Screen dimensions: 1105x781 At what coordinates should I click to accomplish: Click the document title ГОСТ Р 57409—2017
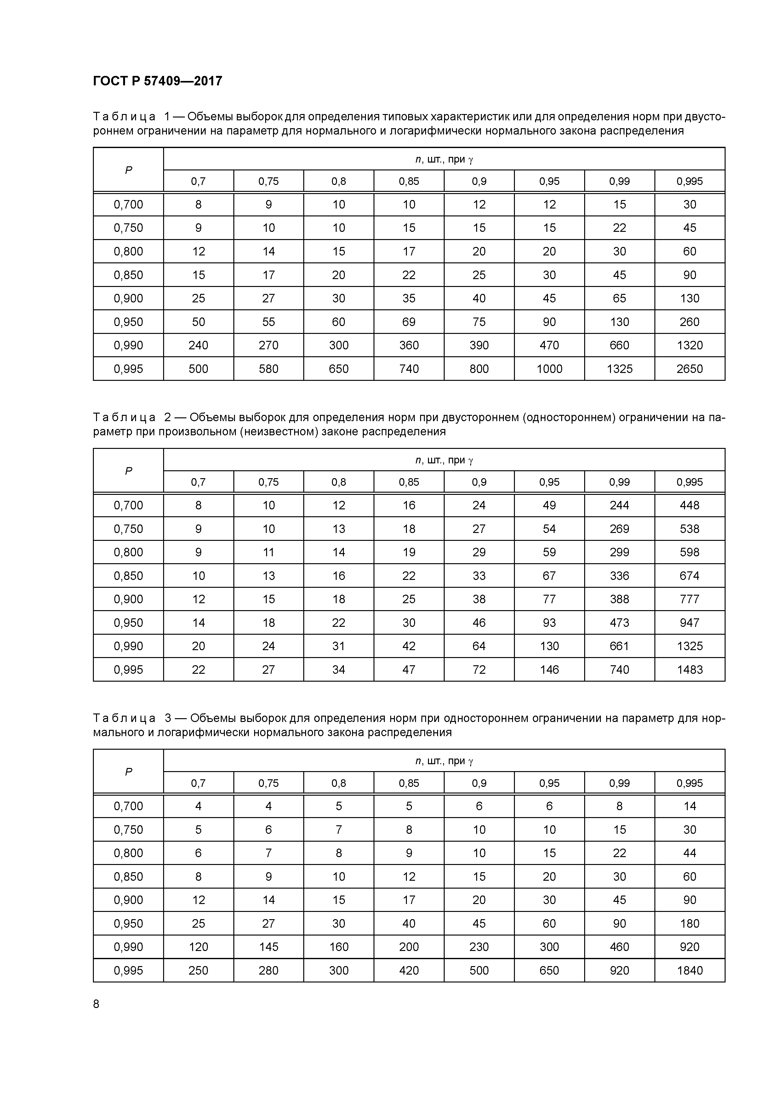[157, 81]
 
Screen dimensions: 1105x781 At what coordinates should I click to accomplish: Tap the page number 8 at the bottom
[96, 1004]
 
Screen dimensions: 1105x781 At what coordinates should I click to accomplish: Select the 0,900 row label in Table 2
[128, 599]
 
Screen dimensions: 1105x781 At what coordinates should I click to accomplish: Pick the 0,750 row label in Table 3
[128, 830]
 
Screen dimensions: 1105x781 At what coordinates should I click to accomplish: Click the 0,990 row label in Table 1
[128, 346]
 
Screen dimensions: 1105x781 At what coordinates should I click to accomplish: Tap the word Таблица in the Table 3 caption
[124, 718]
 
